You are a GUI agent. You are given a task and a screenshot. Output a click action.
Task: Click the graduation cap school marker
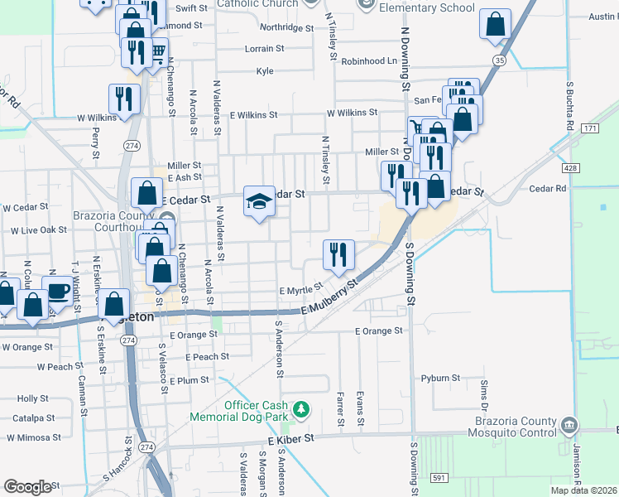[259, 202]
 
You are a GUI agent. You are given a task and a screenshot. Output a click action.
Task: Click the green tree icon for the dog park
[302, 408]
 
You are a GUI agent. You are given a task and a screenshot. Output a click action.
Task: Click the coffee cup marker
[58, 290]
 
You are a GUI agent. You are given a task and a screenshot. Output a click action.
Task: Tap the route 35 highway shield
[497, 60]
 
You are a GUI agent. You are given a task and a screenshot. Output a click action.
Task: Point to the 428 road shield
[569, 168]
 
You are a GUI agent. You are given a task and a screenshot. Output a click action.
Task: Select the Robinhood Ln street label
[370, 61]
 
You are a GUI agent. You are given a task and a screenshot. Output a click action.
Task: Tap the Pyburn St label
[439, 378]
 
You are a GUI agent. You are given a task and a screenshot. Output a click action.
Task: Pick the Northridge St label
[287, 27]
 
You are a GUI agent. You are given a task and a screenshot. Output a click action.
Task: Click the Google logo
[26, 487]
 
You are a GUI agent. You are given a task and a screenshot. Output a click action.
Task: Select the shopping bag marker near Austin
[495, 26]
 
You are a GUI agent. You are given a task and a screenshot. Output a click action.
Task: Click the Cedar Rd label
[549, 189]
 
